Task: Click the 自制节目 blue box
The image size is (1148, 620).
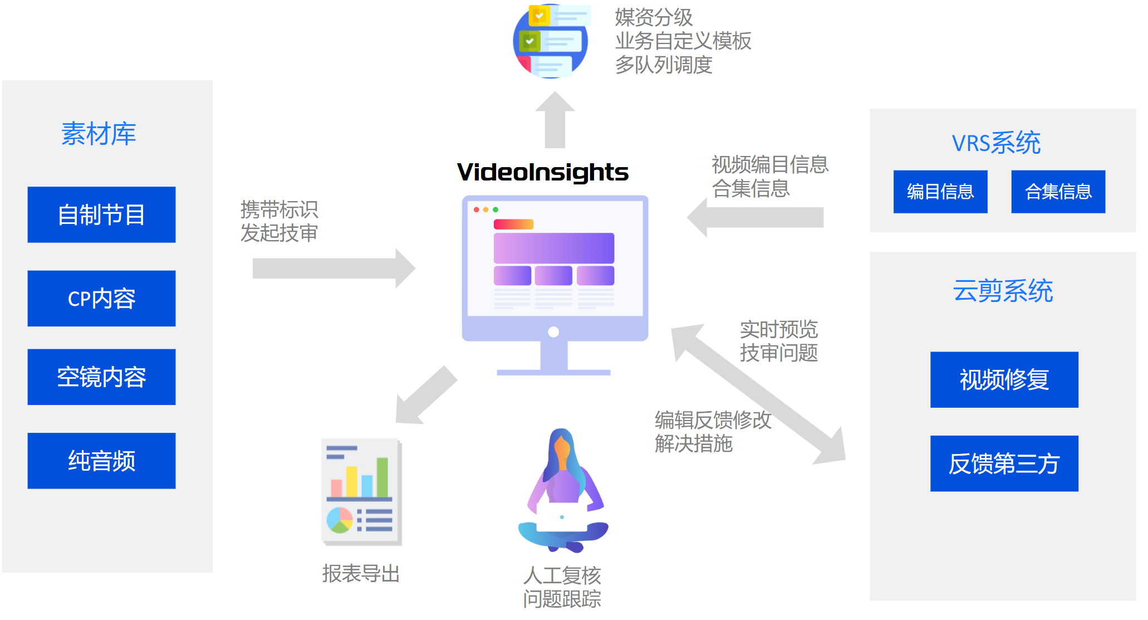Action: (101, 214)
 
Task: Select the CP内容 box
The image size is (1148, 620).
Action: (101, 299)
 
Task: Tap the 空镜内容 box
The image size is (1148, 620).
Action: (101, 377)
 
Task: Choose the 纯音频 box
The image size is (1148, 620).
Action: (101, 461)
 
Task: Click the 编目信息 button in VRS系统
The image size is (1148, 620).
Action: (940, 192)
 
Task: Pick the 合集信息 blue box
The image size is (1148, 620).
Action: (1058, 192)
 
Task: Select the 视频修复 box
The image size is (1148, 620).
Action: (1004, 379)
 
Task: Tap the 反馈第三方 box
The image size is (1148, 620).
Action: (1004, 463)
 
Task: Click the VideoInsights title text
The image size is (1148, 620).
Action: (542, 172)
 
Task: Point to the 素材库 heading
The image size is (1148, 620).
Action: (99, 134)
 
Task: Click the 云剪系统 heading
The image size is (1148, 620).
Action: (1003, 291)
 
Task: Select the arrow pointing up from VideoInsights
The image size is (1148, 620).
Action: (555, 120)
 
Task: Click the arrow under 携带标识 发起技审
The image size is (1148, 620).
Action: (333, 268)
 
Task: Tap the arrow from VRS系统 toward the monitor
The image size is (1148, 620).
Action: (755, 217)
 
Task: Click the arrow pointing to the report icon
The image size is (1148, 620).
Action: (425, 396)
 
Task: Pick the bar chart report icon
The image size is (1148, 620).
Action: (361, 491)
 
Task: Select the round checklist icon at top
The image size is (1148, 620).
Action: (551, 41)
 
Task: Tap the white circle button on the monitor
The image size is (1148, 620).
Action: (553, 332)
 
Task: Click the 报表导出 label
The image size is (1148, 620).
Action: (361, 574)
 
